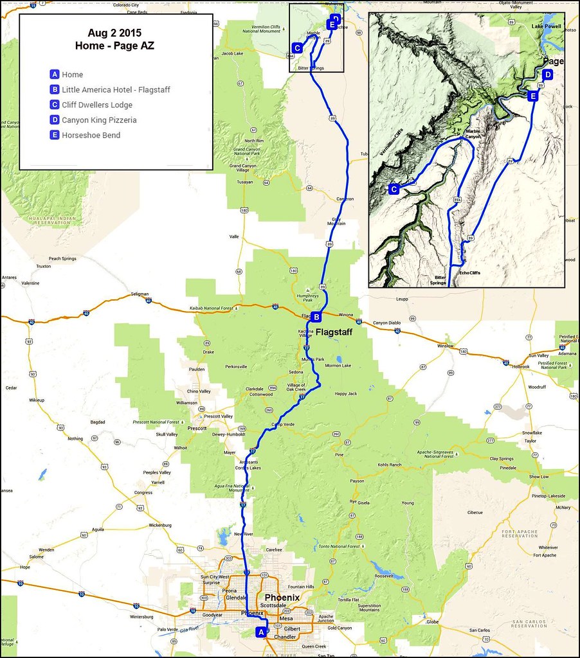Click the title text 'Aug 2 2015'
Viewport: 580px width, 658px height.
pyautogui.click(x=116, y=31)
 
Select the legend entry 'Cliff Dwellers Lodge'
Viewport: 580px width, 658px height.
pyautogui.click(x=97, y=105)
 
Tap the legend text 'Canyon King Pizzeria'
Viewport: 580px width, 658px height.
pyautogui.click(x=99, y=120)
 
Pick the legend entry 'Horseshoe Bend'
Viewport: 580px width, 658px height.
pyautogui.click(x=91, y=135)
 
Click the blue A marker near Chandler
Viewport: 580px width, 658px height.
pyautogui.click(x=260, y=632)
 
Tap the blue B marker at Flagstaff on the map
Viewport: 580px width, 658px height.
pyautogui.click(x=316, y=316)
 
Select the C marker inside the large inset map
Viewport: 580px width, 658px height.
pyautogui.click(x=394, y=189)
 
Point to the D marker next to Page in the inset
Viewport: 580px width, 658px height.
pyautogui.click(x=547, y=75)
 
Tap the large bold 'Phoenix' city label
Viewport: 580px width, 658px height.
pyautogui.click(x=278, y=598)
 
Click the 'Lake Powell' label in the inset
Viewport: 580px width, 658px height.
pyautogui.click(x=547, y=26)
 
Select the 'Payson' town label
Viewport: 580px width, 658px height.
pyautogui.click(x=356, y=481)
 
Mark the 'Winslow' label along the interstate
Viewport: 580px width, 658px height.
pyautogui.click(x=445, y=346)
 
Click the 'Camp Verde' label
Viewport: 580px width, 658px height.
pyautogui.click(x=281, y=425)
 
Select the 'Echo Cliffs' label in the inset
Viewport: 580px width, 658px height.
pyautogui.click(x=469, y=273)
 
